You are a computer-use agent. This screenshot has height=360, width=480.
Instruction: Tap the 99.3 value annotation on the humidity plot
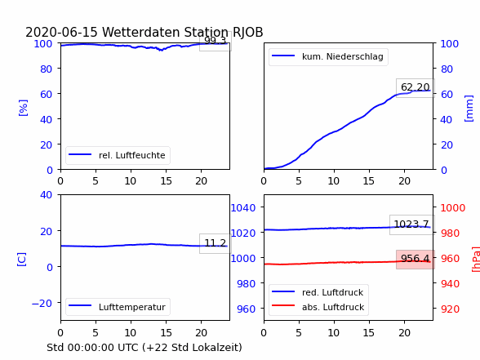tap(216, 41)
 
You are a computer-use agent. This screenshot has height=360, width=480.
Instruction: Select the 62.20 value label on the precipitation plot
tap(416, 87)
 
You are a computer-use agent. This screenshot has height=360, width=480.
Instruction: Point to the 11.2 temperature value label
tap(216, 243)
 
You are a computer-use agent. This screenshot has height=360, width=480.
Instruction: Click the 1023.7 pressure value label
tap(411, 224)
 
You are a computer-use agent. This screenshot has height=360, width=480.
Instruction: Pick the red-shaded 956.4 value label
tap(416, 259)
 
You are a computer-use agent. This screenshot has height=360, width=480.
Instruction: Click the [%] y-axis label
tap(23, 108)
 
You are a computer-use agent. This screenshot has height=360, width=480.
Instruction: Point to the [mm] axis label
tap(469, 109)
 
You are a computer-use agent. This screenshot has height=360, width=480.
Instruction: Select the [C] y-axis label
tap(22, 260)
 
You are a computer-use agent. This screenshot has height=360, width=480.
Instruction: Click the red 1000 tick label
tap(453, 208)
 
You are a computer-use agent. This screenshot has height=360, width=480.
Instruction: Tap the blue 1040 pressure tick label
tap(243, 208)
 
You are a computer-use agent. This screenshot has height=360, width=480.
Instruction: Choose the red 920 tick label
tap(450, 309)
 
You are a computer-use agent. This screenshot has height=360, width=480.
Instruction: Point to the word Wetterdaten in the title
tap(141, 32)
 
